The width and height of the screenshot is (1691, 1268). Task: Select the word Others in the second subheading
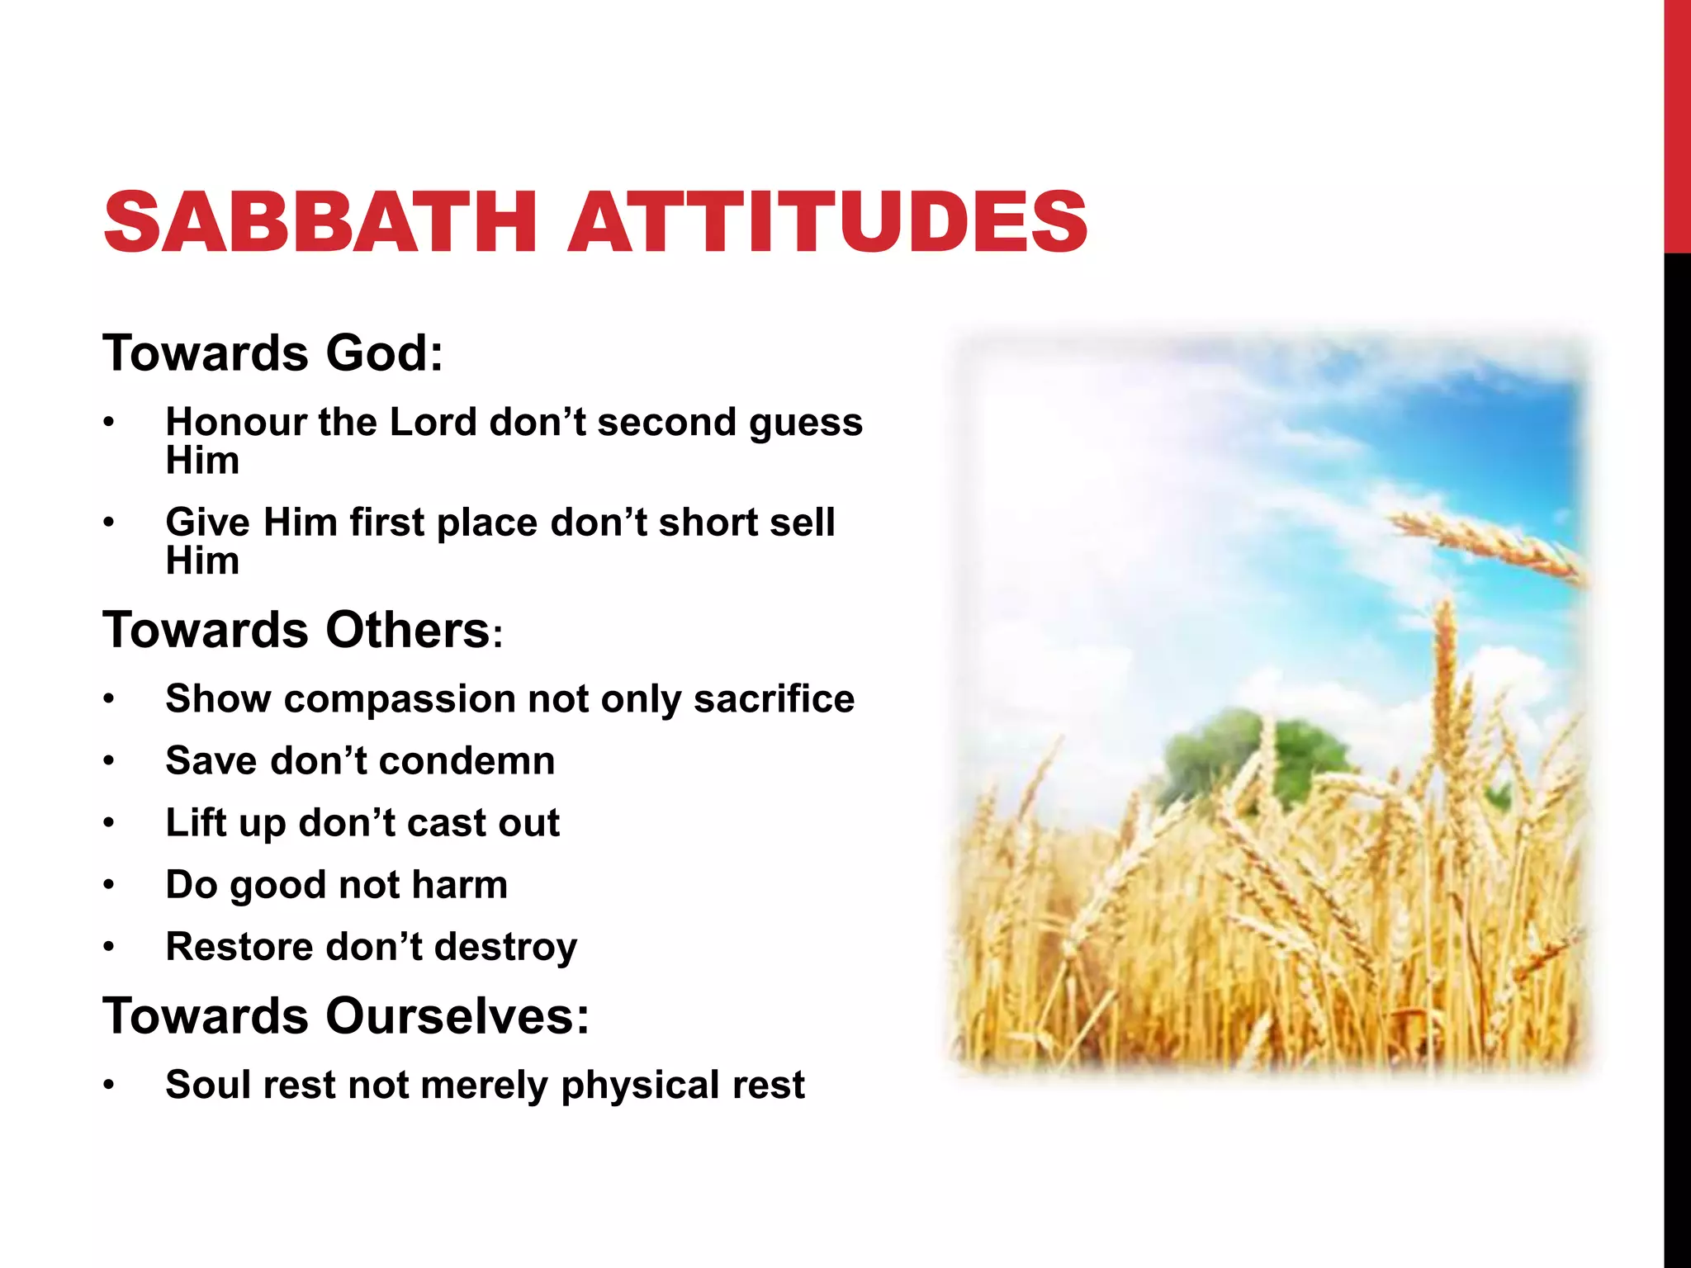coord(408,631)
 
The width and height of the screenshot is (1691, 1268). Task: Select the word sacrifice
coord(774,699)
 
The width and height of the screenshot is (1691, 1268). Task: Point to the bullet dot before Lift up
coord(109,823)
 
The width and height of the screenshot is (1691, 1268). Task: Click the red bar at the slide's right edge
coord(1677,124)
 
